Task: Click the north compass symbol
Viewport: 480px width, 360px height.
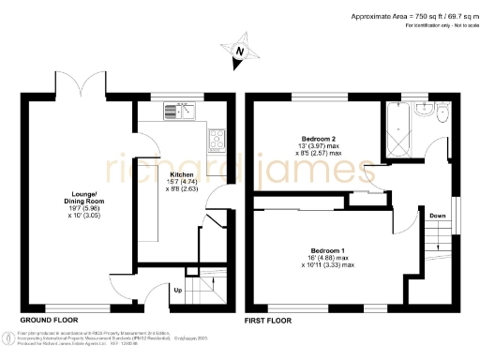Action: tap(239, 52)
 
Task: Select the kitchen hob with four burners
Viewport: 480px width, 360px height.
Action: tap(216, 142)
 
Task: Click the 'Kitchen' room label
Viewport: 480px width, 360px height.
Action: tap(181, 175)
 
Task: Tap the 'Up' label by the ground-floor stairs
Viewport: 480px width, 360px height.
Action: tap(179, 291)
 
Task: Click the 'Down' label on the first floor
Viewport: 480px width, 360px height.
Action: tap(437, 217)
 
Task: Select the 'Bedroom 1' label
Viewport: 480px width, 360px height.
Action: tap(328, 251)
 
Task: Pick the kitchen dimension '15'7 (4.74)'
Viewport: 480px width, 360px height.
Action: tap(181, 183)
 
